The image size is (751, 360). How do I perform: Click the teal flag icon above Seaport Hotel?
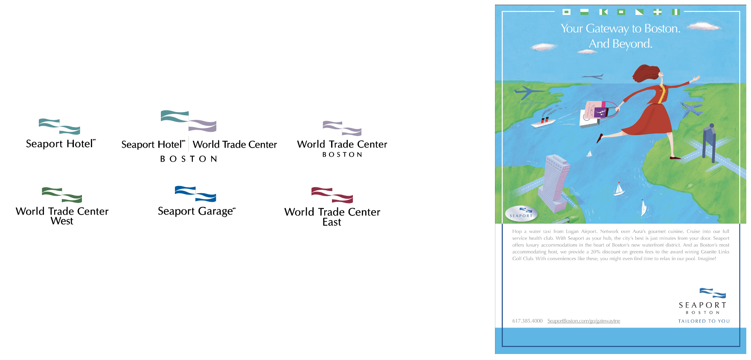point(59,127)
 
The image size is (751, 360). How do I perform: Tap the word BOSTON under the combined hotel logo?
point(189,159)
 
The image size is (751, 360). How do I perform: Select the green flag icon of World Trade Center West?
point(62,195)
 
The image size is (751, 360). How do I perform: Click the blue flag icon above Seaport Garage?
point(195,194)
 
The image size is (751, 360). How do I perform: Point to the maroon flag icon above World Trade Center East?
point(332,195)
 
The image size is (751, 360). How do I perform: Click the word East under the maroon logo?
point(332,222)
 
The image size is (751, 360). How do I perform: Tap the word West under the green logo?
point(62,221)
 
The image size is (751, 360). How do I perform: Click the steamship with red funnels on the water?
point(542,122)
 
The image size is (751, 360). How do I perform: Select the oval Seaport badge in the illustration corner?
point(521,214)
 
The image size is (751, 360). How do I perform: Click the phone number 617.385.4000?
point(527,321)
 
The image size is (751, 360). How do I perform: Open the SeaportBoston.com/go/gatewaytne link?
point(584,321)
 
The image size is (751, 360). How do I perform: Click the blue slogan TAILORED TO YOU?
point(704,321)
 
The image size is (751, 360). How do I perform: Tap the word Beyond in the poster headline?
point(632,44)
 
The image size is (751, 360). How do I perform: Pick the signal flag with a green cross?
point(658,12)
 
